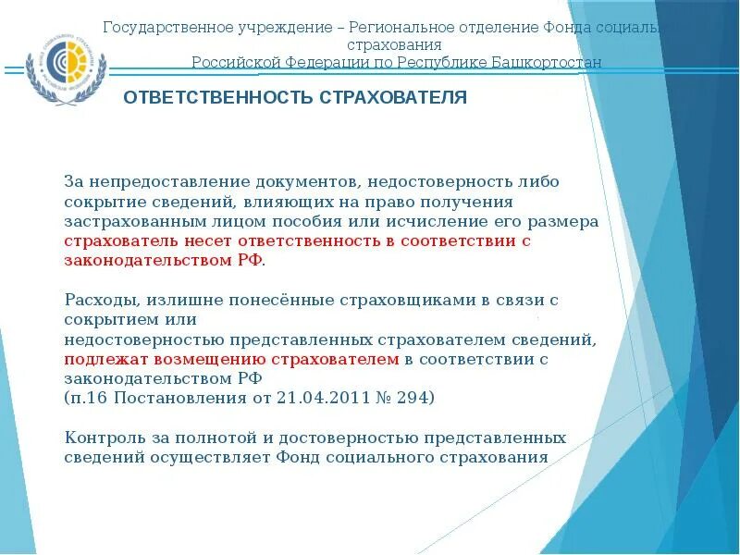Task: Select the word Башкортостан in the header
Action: (x=551, y=62)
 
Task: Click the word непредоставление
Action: (x=154, y=181)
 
